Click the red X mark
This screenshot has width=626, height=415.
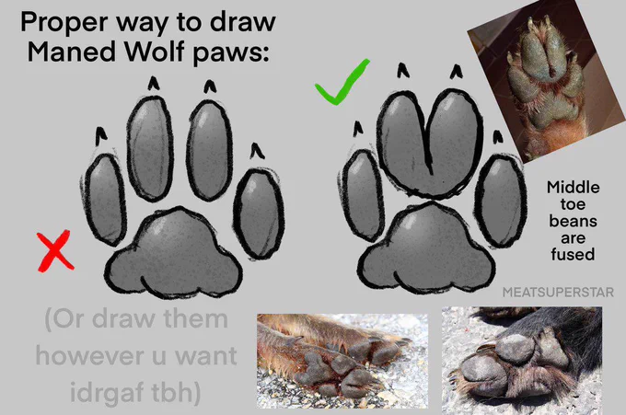[55, 251]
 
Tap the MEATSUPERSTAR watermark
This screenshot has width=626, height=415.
[558, 292]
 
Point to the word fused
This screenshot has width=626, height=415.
[573, 254]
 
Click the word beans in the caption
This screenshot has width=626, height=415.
[573, 221]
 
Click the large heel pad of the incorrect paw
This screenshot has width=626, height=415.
[174, 254]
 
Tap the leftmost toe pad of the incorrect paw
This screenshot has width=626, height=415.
[105, 200]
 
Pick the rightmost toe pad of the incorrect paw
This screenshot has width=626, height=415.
[259, 214]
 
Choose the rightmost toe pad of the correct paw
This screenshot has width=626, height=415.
[501, 202]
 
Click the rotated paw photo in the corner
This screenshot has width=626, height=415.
[548, 80]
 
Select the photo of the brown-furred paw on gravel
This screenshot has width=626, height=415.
[342, 361]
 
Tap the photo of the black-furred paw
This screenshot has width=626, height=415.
[522, 357]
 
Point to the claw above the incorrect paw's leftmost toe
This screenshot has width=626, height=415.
[101, 136]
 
